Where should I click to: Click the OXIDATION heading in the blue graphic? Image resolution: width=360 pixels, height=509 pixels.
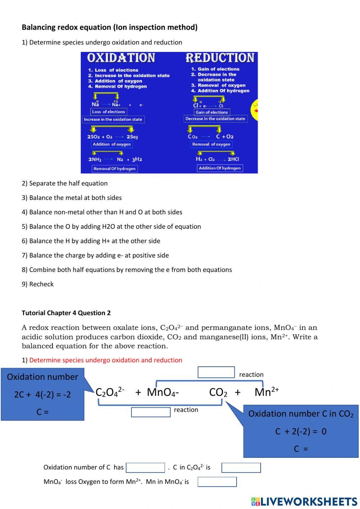pyautogui.click(x=121, y=58)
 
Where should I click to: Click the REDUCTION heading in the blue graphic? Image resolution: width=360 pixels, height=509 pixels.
pyautogui.click(x=220, y=58)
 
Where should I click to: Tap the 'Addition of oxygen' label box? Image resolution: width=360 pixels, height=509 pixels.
pyautogui.click(x=112, y=144)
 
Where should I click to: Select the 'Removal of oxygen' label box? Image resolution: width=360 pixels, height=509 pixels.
pyautogui.click(x=211, y=144)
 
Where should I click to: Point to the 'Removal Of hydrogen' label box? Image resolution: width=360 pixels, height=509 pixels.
pyautogui.click(x=114, y=169)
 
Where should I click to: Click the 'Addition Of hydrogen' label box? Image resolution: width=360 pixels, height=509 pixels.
pyautogui.click(x=220, y=168)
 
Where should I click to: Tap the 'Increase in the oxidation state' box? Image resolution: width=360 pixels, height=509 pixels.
pyautogui.click(x=113, y=120)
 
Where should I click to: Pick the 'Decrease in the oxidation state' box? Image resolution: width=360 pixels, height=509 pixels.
pyautogui.click(x=215, y=119)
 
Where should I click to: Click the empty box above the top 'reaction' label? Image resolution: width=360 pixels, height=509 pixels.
pyautogui.click(x=216, y=372)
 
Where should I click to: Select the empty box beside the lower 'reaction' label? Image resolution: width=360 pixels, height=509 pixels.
pyautogui.click(x=150, y=412)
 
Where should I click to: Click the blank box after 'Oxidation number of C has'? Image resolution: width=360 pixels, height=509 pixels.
pyautogui.click(x=145, y=468)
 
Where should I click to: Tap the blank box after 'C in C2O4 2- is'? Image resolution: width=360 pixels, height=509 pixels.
pyautogui.click(x=241, y=468)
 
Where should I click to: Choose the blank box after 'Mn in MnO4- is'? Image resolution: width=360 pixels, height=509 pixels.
pyautogui.click(x=217, y=482)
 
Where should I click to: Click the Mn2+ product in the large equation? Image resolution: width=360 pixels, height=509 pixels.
pyautogui.click(x=266, y=392)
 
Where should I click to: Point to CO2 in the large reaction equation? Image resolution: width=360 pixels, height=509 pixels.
pyautogui.click(x=218, y=392)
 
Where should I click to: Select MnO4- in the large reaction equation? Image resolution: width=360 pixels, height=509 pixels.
pyautogui.click(x=163, y=392)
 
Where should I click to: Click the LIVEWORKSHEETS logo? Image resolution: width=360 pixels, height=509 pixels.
pyautogui.click(x=304, y=501)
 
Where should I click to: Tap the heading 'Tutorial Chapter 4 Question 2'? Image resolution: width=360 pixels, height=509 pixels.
pyautogui.click(x=66, y=313)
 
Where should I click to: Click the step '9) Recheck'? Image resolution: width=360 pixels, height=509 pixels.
pyautogui.click(x=37, y=284)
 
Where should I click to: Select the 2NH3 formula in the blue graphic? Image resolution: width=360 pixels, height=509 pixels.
pyautogui.click(x=95, y=159)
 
